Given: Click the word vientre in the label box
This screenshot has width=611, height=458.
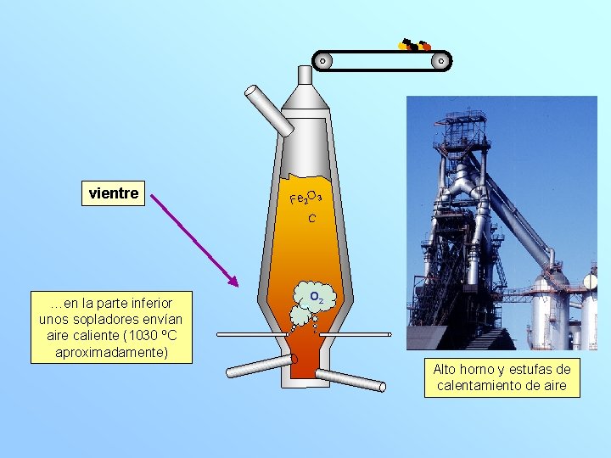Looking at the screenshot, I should click(114, 193).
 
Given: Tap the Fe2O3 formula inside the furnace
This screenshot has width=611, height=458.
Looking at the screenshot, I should click(305, 198).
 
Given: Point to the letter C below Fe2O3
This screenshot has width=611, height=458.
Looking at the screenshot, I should click(312, 219).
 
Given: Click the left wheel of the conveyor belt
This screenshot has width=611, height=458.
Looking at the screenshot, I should click(322, 60).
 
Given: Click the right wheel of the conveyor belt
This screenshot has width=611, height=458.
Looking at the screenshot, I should click(440, 60).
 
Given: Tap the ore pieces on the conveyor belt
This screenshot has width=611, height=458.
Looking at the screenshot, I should click(414, 46).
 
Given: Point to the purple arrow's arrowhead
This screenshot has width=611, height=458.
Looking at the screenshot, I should click(234, 280).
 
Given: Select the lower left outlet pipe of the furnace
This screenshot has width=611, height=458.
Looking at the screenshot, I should click(259, 366).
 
